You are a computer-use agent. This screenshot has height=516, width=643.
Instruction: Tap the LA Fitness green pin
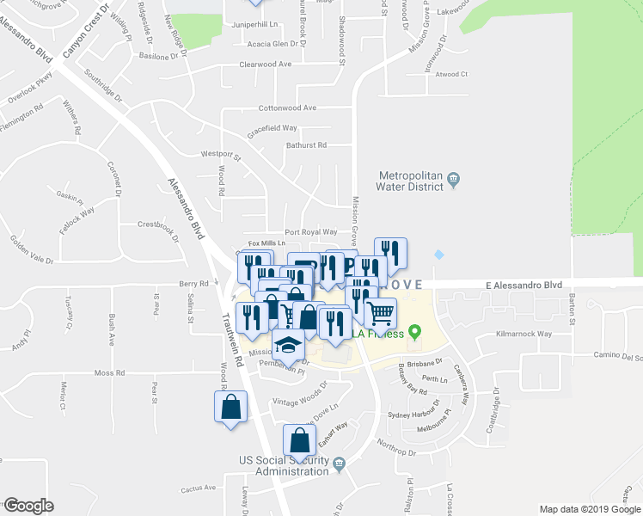coord(415,331)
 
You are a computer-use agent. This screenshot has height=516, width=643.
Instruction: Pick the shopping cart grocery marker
coord(380,311)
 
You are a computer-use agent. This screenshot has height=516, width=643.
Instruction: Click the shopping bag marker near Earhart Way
coord(298,439)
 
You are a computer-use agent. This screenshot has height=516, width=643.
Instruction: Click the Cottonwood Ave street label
coord(288,108)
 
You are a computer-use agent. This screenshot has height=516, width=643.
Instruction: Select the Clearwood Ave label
coord(266,64)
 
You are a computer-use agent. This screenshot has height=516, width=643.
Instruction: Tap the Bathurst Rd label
coord(306,145)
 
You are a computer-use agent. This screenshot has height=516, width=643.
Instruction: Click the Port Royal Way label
coord(310,232)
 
